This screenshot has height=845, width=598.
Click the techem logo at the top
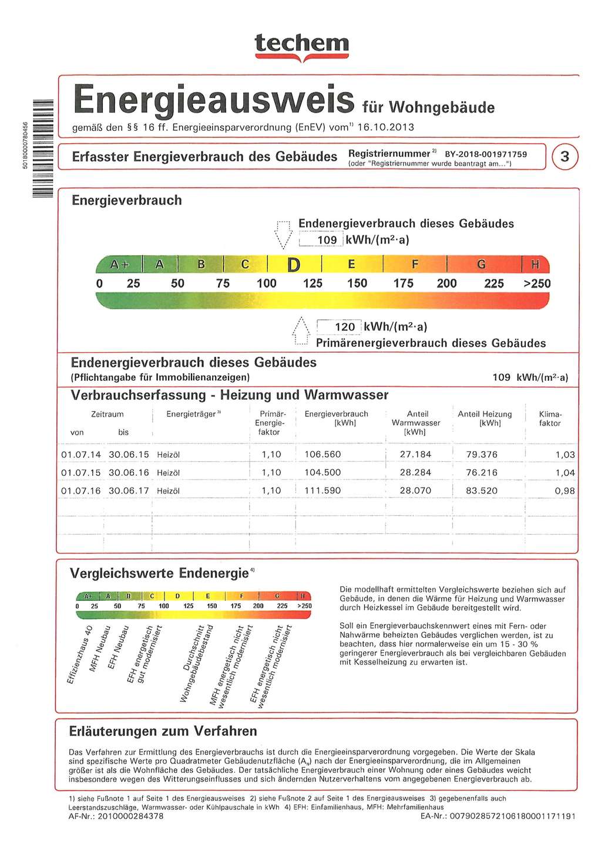302,45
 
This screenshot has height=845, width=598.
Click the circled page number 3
565,157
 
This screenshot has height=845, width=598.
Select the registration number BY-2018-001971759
486,154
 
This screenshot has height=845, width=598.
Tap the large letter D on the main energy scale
293,265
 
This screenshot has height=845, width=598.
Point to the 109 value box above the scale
322,240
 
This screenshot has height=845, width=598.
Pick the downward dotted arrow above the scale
283,234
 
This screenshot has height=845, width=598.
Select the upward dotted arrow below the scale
300,332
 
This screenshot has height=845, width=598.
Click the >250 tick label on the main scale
537,284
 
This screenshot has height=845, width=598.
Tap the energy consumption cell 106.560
322,455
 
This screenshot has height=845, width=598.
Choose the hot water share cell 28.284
415,473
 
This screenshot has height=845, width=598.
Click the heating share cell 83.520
481,491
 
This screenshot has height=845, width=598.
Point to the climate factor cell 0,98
565,491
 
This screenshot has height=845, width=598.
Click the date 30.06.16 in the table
129,473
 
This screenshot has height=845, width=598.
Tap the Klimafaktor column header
550,418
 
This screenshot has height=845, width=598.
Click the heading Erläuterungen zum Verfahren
163,731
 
